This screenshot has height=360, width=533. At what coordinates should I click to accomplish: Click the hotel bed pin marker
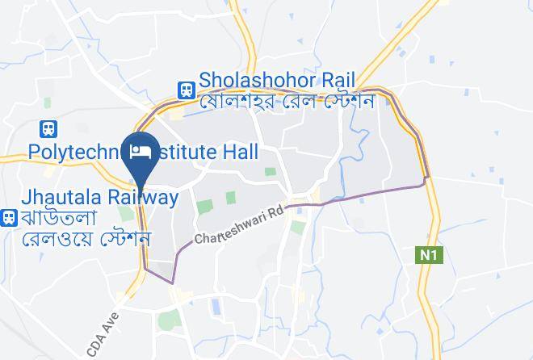pos(141,155)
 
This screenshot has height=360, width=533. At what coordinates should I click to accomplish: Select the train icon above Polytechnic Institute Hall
pos(49,128)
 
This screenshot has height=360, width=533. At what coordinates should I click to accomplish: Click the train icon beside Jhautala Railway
pos(10,216)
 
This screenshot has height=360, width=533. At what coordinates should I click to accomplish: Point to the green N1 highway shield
pos(426,255)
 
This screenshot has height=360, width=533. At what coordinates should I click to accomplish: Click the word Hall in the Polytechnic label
pos(241,152)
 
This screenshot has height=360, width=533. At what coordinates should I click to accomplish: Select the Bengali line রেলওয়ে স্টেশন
pos(87,239)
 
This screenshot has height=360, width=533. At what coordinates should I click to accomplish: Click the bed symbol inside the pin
pos(141,151)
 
